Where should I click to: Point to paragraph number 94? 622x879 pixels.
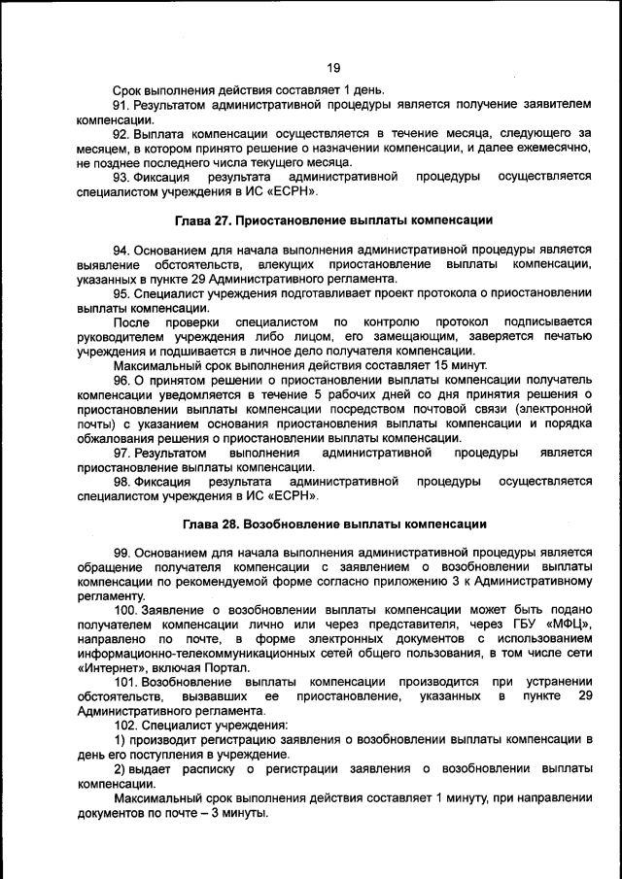(122, 251)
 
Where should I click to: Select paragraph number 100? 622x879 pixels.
(126, 609)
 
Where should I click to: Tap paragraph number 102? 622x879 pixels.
(126, 725)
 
